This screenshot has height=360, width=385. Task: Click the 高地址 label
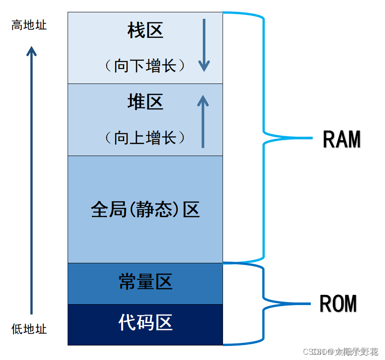29,25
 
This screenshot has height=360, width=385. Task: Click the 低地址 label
29,329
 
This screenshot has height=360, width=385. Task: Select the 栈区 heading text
145,31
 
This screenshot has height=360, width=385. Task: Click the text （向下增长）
145,66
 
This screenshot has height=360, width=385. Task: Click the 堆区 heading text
145,102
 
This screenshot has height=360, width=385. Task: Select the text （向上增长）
145,138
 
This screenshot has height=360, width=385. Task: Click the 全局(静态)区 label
145,210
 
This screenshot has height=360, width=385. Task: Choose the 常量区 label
145,282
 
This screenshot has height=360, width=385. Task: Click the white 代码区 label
145,323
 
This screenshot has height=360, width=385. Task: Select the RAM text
342,139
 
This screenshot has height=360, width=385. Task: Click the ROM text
338,303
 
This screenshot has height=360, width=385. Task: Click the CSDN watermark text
340,352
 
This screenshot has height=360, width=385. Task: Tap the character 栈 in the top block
136,31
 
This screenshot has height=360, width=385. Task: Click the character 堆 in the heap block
136,102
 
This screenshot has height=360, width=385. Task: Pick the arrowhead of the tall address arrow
31,51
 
